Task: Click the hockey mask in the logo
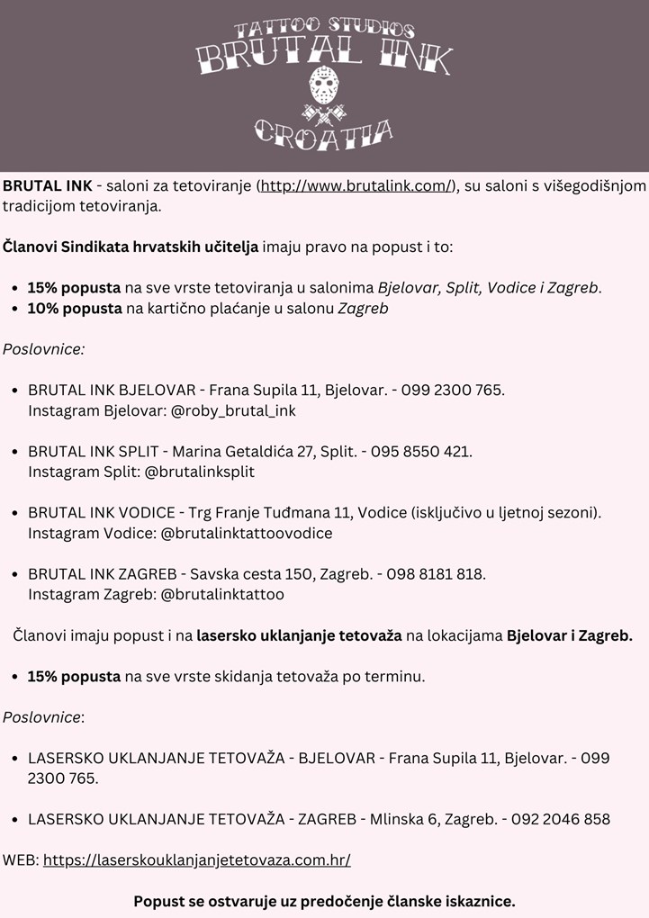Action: tap(324, 87)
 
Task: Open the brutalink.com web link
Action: tap(356, 186)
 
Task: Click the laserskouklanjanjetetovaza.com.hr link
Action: tap(196, 859)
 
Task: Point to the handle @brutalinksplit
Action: tap(199, 472)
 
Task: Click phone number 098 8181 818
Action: tap(436, 574)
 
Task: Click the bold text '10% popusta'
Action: tap(74, 309)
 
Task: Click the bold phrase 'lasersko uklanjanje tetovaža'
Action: tap(299, 636)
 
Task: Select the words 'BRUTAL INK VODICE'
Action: tap(102, 513)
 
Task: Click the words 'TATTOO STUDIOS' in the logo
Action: tap(324, 30)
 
